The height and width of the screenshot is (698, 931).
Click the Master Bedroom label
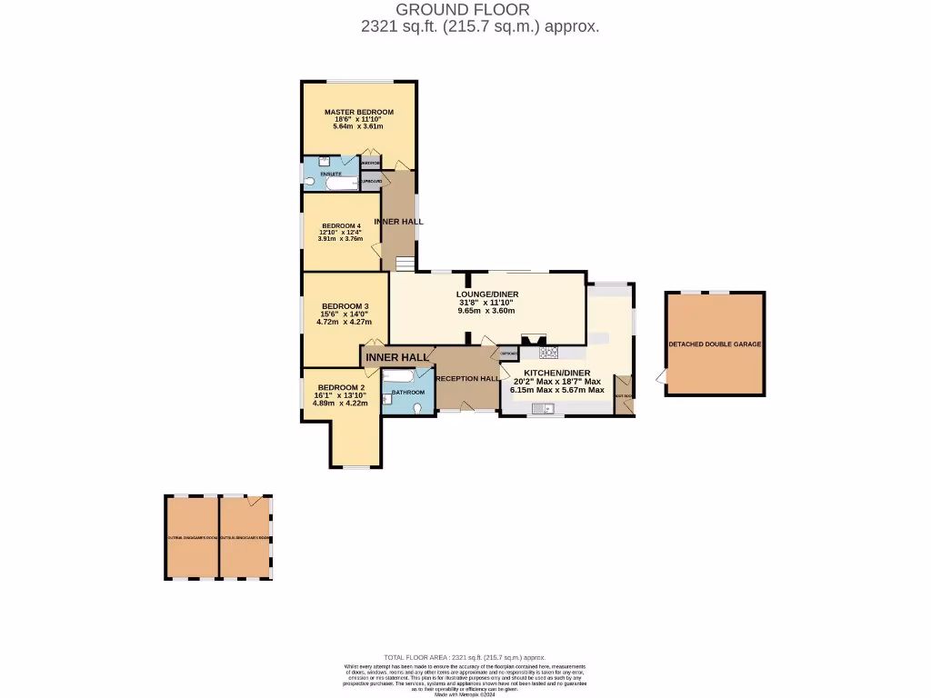(x=359, y=113)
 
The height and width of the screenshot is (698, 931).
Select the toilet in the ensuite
(x=308, y=182)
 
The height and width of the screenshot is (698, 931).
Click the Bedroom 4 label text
(x=340, y=225)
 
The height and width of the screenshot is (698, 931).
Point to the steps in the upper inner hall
(x=404, y=264)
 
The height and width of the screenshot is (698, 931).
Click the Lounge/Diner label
(x=486, y=294)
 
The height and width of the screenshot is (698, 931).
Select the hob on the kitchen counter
(x=549, y=352)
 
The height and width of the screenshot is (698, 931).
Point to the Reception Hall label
(x=467, y=379)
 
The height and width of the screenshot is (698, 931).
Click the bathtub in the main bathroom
(x=399, y=374)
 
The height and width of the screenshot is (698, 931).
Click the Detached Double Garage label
(x=715, y=345)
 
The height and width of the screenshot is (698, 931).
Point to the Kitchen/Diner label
(x=557, y=373)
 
